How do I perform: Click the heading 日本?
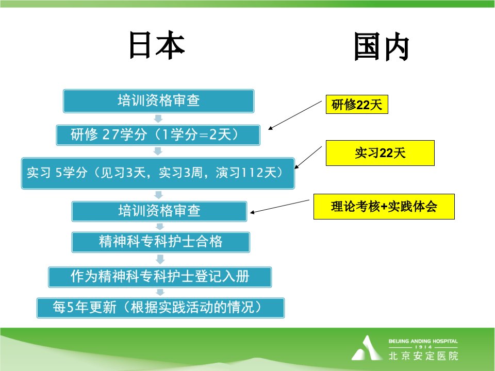(x=157, y=45)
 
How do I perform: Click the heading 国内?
(x=382, y=47)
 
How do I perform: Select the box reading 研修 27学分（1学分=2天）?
(x=158, y=135)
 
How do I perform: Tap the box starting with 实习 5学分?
(x=158, y=173)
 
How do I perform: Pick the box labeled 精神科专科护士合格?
(x=161, y=242)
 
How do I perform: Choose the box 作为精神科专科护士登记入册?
(x=160, y=277)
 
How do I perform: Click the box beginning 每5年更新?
(x=161, y=308)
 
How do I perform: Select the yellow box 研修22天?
(x=357, y=105)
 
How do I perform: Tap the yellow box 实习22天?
(x=380, y=153)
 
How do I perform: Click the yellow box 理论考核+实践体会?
(x=384, y=207)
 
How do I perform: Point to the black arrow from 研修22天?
(x=295, y=115)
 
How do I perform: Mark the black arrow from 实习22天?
(x=308, y=158)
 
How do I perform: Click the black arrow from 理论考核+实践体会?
(x=279, y=206)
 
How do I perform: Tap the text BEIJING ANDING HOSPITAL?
(x=423, y=341)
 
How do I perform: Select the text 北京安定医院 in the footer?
(x=423, y=356)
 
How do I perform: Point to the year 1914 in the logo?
(x=423, y=347)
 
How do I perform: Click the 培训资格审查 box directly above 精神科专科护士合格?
(x=159, y=211)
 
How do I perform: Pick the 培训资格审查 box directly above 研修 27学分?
(x=158, y=101)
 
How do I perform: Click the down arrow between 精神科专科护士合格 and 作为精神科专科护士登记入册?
(x=160, y=259)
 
